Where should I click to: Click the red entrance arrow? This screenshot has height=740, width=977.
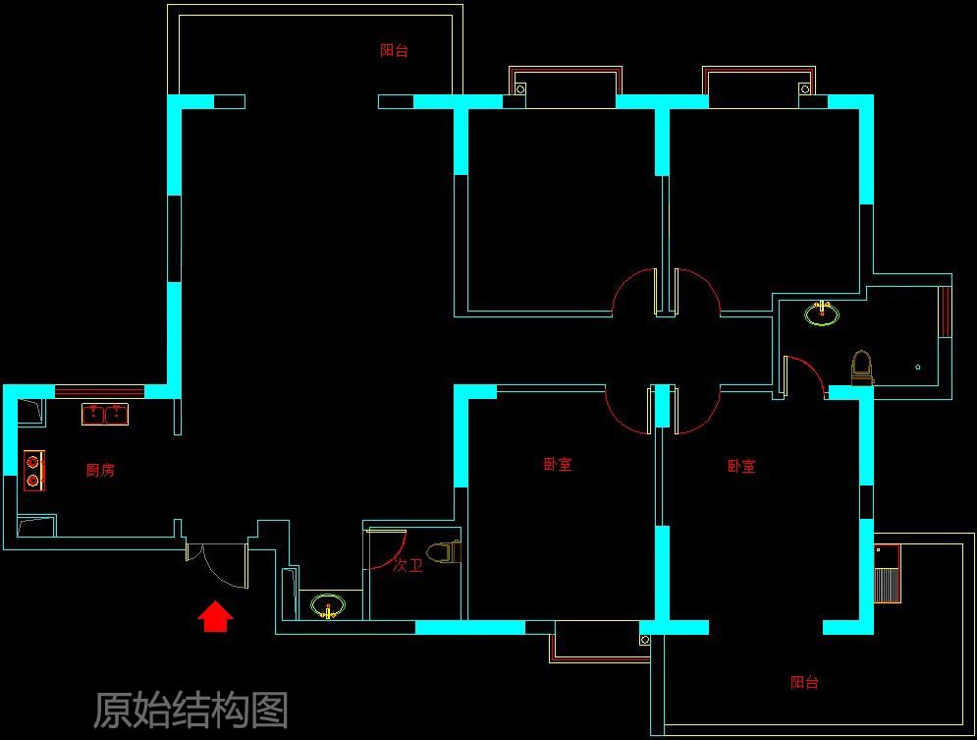216,617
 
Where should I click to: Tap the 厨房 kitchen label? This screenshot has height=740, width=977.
100,471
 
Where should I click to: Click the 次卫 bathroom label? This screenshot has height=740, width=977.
407,566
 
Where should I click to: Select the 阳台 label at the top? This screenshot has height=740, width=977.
394,51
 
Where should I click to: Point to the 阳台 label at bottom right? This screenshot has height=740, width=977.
804,682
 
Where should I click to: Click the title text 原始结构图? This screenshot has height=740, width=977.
190,710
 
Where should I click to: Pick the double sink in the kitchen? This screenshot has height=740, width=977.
105,414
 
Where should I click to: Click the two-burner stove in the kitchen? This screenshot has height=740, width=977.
33,470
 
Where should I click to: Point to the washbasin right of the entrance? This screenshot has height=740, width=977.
328,605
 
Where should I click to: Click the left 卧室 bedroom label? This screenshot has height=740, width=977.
558,465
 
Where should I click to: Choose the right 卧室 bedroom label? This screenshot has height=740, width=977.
741,466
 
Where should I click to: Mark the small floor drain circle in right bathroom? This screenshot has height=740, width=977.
918,368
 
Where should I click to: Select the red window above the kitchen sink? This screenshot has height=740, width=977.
99,391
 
